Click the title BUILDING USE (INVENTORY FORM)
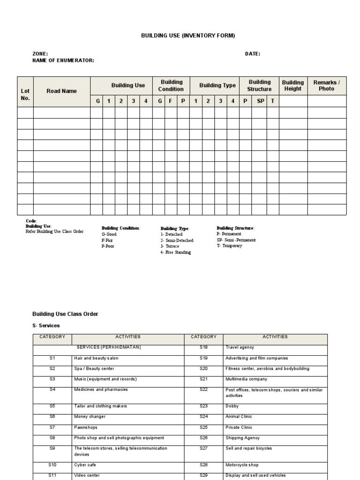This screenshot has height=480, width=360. click(181, 36)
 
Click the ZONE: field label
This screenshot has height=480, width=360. click(40, 54)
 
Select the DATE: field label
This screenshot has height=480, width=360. click(252, 54)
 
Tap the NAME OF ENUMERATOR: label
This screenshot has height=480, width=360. click(63, 60)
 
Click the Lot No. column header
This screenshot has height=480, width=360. click(25, 95)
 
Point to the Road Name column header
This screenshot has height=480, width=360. click(61, 91)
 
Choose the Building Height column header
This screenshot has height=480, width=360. click(293, 85)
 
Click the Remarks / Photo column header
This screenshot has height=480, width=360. click(326, 85)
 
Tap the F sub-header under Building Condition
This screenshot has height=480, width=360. click(171, 101)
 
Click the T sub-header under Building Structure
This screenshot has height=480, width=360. click(273, 101)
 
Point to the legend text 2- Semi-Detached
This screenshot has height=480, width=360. click(177, 240)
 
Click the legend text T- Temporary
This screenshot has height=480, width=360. click(229, 246)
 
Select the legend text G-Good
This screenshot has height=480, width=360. click(109, 234)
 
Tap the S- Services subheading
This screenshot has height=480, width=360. click(46, 325)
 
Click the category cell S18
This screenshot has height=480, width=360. click(203, 347)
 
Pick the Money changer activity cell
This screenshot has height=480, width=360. click(90, 416)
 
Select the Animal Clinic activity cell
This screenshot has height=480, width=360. click(239, 416)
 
